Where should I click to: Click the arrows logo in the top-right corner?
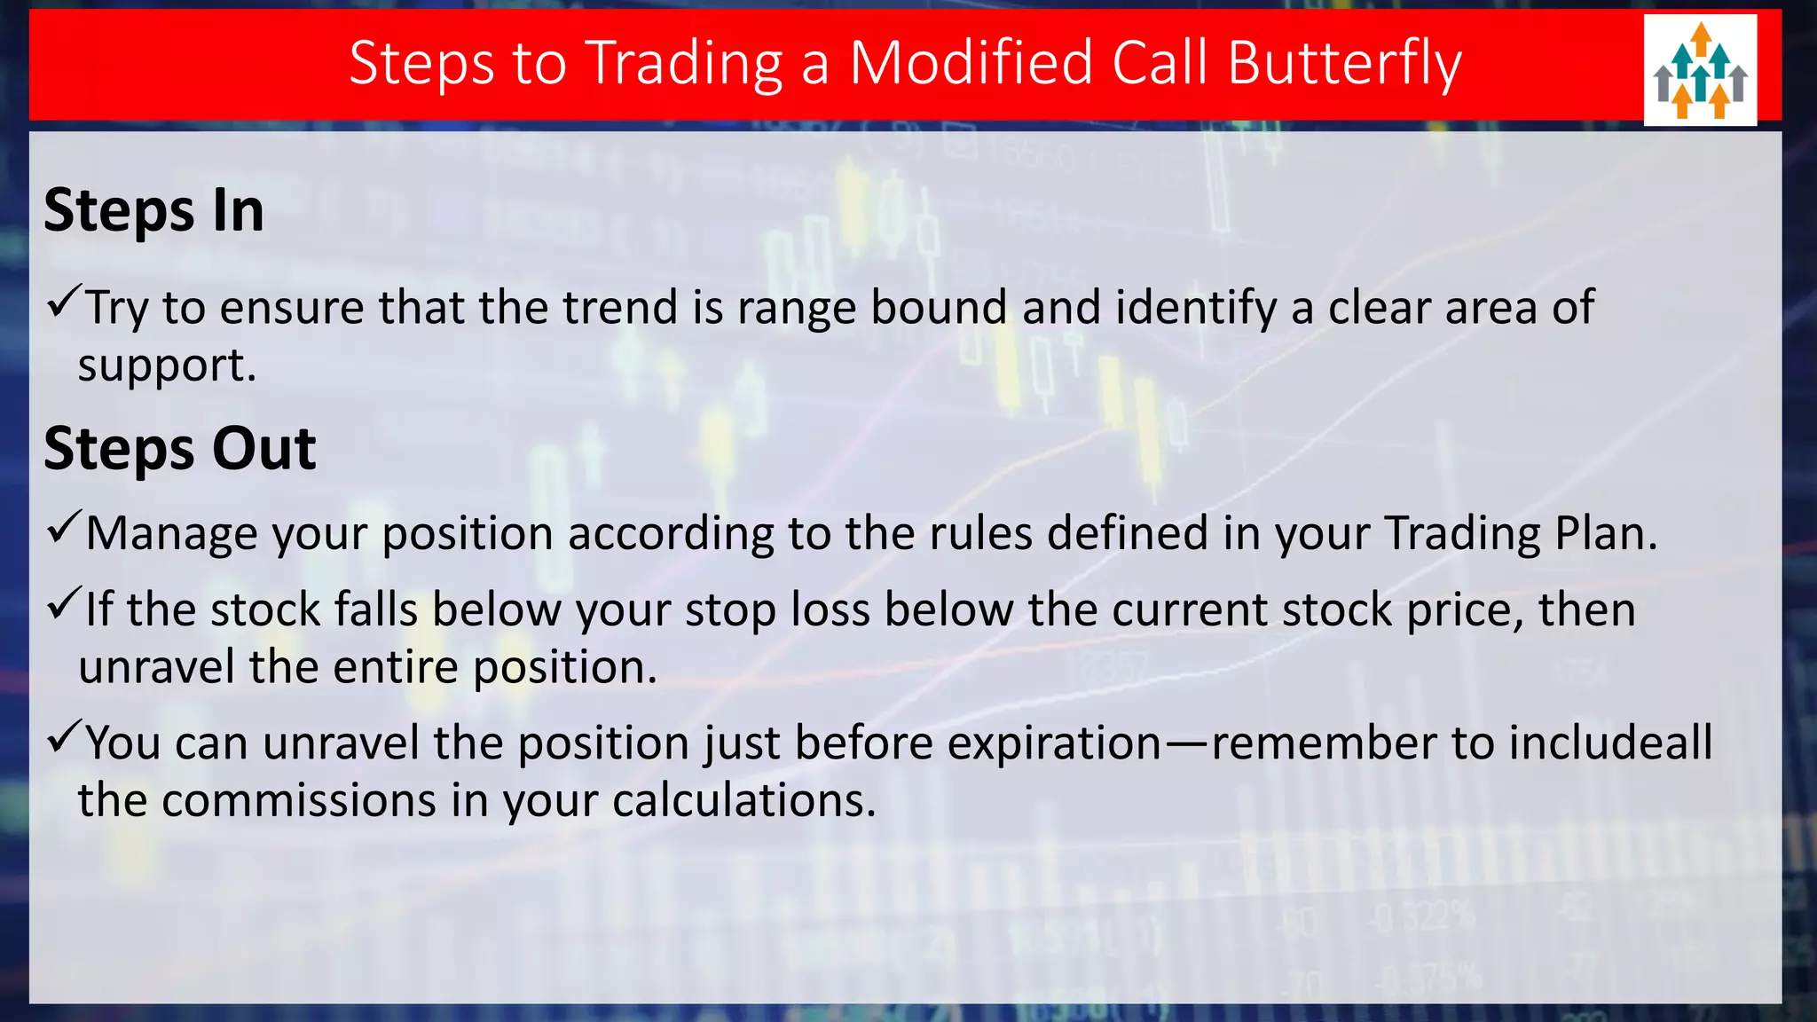click(x=1699, y=70)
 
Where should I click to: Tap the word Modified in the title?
click(x=971, y=64)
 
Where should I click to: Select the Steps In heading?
click(x=153, y=211)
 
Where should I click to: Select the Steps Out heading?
click(x=179, y=449)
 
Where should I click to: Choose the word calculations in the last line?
click(x=743, y=800)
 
